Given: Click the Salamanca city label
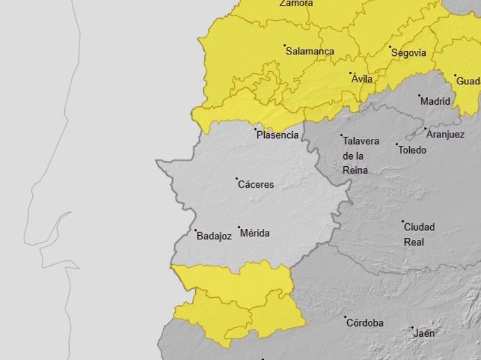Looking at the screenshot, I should pos(311,52).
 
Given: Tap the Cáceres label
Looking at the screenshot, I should pos(256,185).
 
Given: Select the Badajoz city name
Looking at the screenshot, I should pos(214,237).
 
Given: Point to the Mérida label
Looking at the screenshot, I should pos(254,233).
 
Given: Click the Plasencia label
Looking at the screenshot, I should pos(277,135).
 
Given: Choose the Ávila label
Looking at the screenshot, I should pos(362,79).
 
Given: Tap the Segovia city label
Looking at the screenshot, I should pos(409,52).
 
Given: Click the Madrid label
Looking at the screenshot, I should pos(435,101).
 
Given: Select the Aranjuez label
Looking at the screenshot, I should pos(445,135).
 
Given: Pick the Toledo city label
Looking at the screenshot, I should pos(412,150).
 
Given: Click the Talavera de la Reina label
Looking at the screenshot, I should pos(360,156).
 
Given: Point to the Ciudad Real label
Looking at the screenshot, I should pos(420,234).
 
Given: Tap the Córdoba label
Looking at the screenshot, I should pos(365,323).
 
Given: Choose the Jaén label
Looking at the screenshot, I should pos(424,333).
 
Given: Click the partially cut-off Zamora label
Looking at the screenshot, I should pos(296,3).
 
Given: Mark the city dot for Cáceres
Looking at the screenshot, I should pos(236,179).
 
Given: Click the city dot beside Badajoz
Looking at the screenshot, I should pos(195,230).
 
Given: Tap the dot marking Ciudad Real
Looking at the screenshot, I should pos(402,221).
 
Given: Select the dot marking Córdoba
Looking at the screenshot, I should pos(345,317).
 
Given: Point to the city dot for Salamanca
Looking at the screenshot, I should pos(284,46).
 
